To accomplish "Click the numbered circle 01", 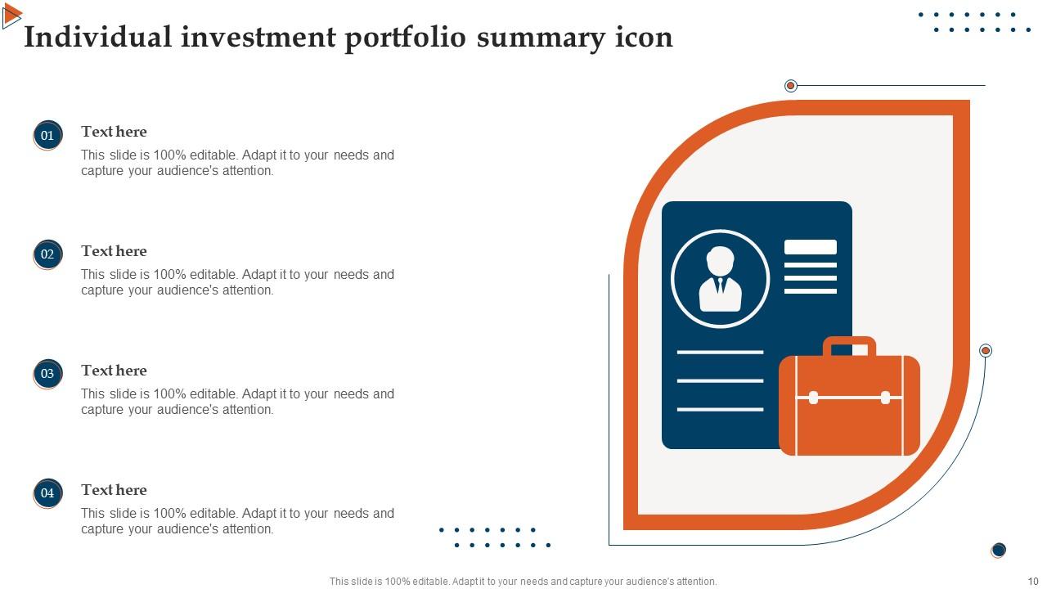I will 47,135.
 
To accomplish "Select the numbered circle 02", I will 47,254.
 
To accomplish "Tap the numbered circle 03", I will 47,374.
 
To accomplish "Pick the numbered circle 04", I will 47,493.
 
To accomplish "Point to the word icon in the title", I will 643,38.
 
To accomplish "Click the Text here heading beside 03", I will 114,371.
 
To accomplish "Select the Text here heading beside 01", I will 114,132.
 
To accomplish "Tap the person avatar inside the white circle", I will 720,279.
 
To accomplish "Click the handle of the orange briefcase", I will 849,344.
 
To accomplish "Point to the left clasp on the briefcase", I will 813,398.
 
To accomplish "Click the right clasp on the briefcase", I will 885,398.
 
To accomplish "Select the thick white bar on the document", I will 810,247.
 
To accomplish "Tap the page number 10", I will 1032,582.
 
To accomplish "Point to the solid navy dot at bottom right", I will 998,550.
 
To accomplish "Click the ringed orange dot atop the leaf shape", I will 790,86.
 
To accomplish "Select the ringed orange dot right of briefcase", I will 986,350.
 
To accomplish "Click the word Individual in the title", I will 98,38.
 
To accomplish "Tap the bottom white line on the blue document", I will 720,409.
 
